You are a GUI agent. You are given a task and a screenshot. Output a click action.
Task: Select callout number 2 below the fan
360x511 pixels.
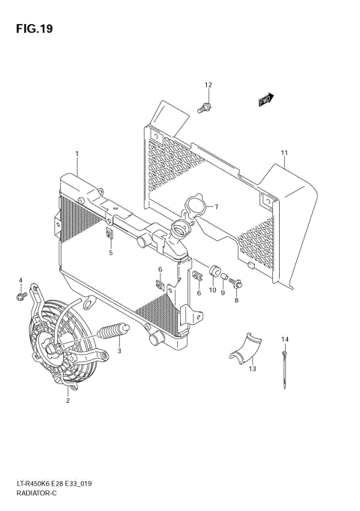[x=67, y=401]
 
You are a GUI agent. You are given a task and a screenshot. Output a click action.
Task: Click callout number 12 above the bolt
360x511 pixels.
[x=208, y=84]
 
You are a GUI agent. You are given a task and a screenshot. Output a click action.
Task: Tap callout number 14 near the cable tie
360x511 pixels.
[x=285, y=339]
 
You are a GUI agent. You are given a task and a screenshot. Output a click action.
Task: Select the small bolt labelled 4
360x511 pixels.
[x=20, y=298]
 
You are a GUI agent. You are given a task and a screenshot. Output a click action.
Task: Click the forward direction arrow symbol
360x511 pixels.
[x=265, y=99]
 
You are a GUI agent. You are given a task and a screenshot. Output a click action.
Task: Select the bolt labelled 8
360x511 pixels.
[x=238, y=284]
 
